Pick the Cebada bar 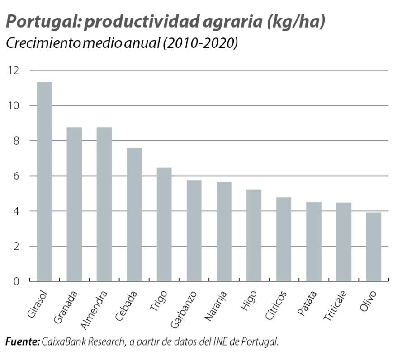tap(134, 215)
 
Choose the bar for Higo tap(254, 235)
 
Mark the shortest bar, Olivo tap(374, 247)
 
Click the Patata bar tap(314, 242)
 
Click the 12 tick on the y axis tap(14, 70)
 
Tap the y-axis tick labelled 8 tap(17, 141)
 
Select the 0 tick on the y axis tap(17, 281)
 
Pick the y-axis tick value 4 tap(17, 211)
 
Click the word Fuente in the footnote tap(22, 342)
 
